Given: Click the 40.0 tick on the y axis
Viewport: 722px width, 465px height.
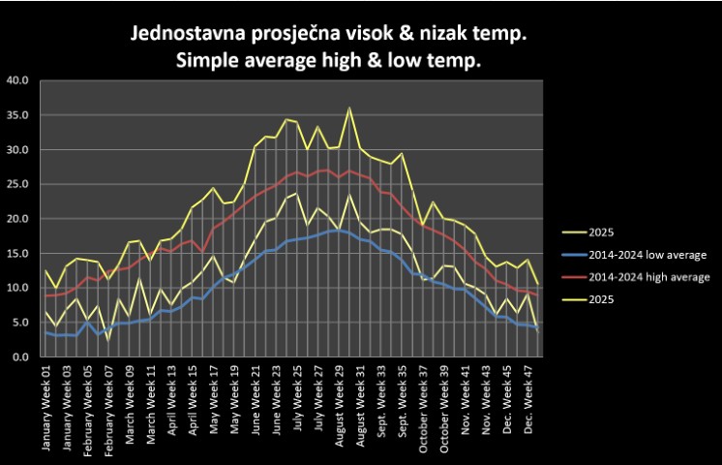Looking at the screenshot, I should (18, 80).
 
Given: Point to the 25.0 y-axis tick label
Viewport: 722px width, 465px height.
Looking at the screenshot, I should (18, 184).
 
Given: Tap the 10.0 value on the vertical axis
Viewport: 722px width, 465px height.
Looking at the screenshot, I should (18, 288).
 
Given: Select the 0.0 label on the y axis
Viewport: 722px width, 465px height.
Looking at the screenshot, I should (21, 356).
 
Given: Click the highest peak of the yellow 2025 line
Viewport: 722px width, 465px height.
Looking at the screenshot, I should (349, 108).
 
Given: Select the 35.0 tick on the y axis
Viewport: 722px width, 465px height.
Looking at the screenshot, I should (18, 115).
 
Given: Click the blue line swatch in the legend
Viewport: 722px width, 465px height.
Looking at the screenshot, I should (578, 255).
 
